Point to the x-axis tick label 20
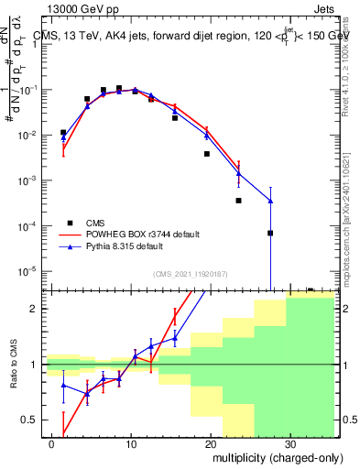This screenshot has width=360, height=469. (x=210, y=442)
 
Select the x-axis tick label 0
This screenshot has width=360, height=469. (x=52, y=442)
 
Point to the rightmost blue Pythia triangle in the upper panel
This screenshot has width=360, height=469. (x=270, y=201)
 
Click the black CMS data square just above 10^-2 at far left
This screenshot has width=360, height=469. (x=63, y=132)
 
